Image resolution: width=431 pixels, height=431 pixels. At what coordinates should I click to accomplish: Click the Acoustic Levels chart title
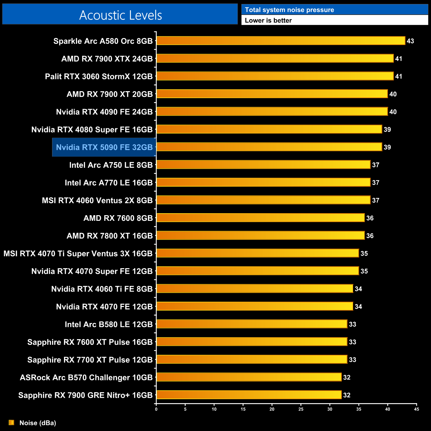tap(120, 15)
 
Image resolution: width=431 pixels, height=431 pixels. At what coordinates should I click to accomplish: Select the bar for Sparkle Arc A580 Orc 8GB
tap(280, 41)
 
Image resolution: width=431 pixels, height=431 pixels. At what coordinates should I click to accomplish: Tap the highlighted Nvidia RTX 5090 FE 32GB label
tap(104, 147)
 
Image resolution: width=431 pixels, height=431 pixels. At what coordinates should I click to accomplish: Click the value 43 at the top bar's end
tap(410, 41)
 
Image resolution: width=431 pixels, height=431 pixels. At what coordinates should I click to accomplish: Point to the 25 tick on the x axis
tap(301, 409)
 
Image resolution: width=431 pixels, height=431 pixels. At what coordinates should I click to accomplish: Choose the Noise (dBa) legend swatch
tap(12, 422)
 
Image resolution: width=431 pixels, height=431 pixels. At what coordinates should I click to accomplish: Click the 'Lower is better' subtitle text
tap(268, 21)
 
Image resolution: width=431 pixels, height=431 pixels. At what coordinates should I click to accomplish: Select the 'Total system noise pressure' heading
tap(289, 10)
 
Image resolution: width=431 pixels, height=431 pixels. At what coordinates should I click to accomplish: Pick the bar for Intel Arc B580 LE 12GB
tap(252, 324)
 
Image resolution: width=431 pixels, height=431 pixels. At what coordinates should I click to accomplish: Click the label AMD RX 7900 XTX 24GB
tap(107, 59)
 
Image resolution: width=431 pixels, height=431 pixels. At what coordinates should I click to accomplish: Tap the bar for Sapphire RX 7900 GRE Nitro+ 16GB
tap(249, 395)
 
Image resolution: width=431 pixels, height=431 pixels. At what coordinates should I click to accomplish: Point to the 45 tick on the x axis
tap(416, 409)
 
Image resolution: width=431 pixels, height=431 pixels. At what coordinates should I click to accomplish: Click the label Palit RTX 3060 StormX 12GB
tap(99, 77)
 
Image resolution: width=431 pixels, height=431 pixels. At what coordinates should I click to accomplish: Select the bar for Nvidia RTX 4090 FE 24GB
tap(272, 112)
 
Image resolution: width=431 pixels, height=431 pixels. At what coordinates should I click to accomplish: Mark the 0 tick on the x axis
tap(156, 409)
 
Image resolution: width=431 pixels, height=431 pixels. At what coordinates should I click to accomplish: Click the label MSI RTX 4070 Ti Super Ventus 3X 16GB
tap(78, 254)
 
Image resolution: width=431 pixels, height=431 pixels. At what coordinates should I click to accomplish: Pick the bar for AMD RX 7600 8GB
tap(260, 218)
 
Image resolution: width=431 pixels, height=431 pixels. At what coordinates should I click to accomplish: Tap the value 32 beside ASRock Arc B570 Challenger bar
tap(346, 377)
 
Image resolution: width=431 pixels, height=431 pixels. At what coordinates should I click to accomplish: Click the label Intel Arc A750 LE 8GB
tap(111, 165)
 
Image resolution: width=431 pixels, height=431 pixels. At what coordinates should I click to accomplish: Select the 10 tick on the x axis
tap(214, 409)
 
